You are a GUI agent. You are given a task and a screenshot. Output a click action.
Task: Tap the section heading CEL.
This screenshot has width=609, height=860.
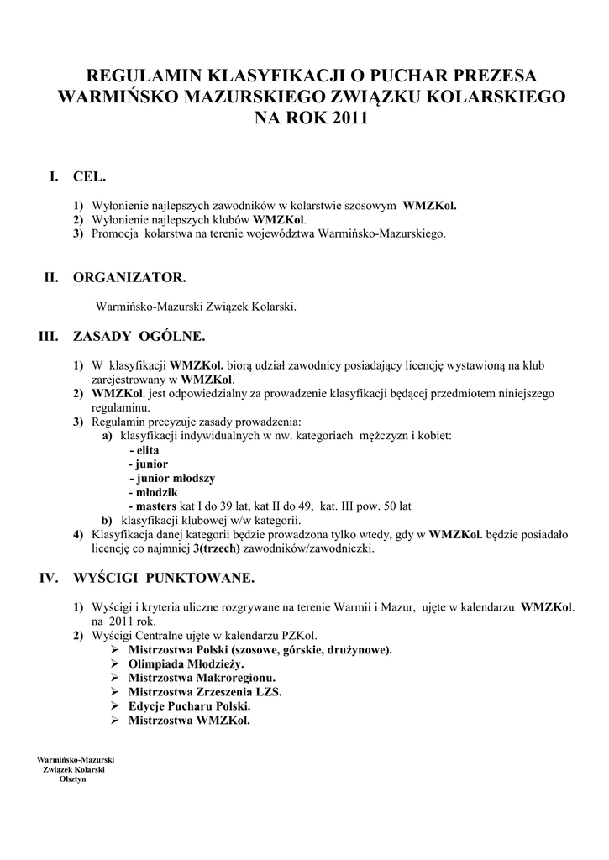coord(90,176)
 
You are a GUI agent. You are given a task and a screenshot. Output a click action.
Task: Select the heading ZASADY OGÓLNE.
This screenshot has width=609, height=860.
coord(139,337)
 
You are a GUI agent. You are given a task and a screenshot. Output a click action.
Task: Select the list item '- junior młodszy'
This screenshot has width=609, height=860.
coord(172,478)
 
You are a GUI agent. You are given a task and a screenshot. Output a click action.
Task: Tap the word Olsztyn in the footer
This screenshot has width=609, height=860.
coord(72,779)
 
